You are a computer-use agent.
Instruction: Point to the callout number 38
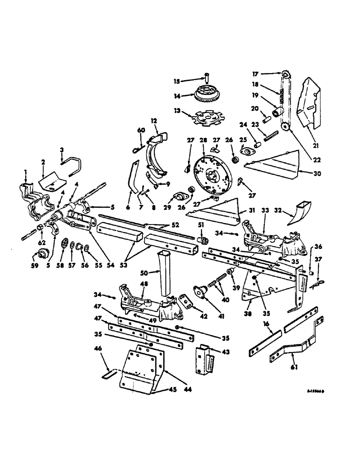(x=248, y=314)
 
